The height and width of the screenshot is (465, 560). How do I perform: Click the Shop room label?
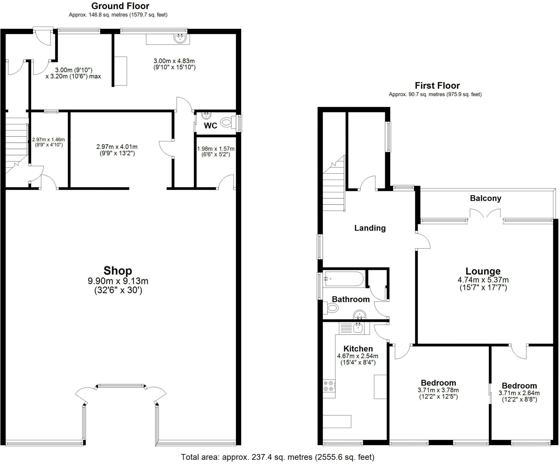point(118,271)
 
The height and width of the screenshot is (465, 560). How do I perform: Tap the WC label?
point(211,126)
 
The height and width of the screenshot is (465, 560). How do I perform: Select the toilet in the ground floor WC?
point(227,122)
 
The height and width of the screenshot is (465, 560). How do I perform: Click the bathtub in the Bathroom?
point(343,279)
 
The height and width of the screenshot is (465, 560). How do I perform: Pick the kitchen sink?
point(358,328)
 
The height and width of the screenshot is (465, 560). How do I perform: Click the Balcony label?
point(485,198)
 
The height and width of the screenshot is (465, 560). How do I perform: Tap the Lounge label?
point(483,271)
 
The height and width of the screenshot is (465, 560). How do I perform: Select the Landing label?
point(370,228)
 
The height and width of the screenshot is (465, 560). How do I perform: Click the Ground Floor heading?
point(120,6)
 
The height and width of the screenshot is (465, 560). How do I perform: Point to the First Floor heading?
point(437,85)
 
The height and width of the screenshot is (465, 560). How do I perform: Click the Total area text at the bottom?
point(278,457)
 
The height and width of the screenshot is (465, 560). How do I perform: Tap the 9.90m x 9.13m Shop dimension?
point(118,281)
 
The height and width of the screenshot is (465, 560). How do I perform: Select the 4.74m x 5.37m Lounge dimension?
point(483,280)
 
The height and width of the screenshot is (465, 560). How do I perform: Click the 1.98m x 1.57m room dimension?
point(216,149)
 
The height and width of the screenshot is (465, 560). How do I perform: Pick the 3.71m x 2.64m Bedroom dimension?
point(519,393)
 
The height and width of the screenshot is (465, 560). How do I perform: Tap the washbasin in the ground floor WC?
point(206,115)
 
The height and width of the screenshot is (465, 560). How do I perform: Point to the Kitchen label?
point(358,349)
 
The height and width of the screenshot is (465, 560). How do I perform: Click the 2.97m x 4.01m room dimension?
point(117,147)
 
